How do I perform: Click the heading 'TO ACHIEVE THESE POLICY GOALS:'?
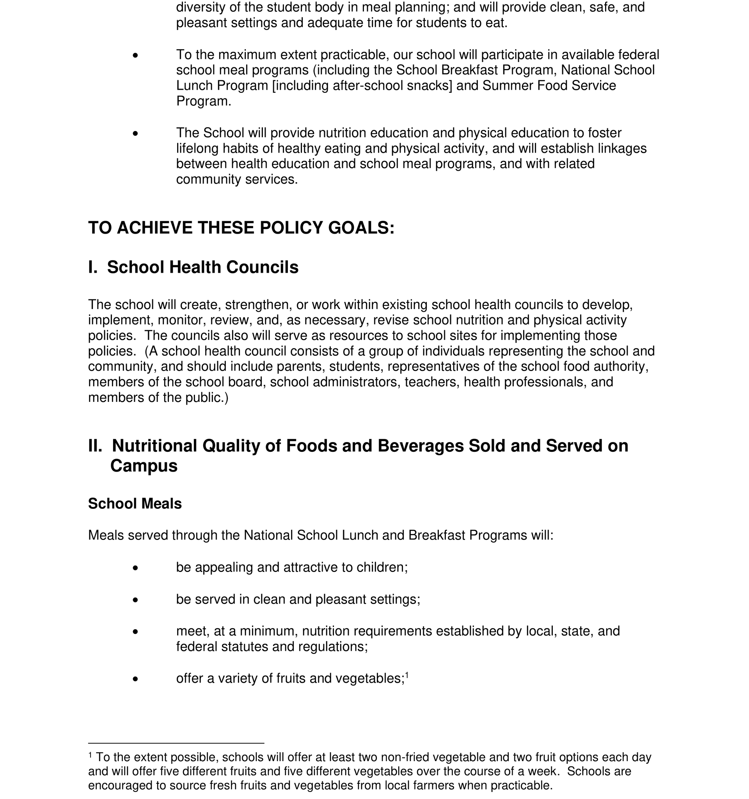[241, 228]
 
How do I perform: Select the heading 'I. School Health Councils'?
[193, 267]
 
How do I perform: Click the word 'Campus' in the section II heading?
[144, 466]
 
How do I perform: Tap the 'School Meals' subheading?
[135, 504]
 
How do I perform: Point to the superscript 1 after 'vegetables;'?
[406, 675]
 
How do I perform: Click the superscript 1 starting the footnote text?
[90, 756]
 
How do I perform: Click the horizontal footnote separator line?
[176, 743]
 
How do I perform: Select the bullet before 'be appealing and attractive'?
[135, 568]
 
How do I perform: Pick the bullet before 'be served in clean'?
[135, 600]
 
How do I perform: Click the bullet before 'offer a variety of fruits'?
[135, 679]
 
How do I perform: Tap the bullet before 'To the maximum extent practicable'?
[135, 55]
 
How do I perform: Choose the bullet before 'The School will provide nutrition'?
[135, 133]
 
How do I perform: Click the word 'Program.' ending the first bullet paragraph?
[204, 101]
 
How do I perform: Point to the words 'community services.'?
[237, 179]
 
